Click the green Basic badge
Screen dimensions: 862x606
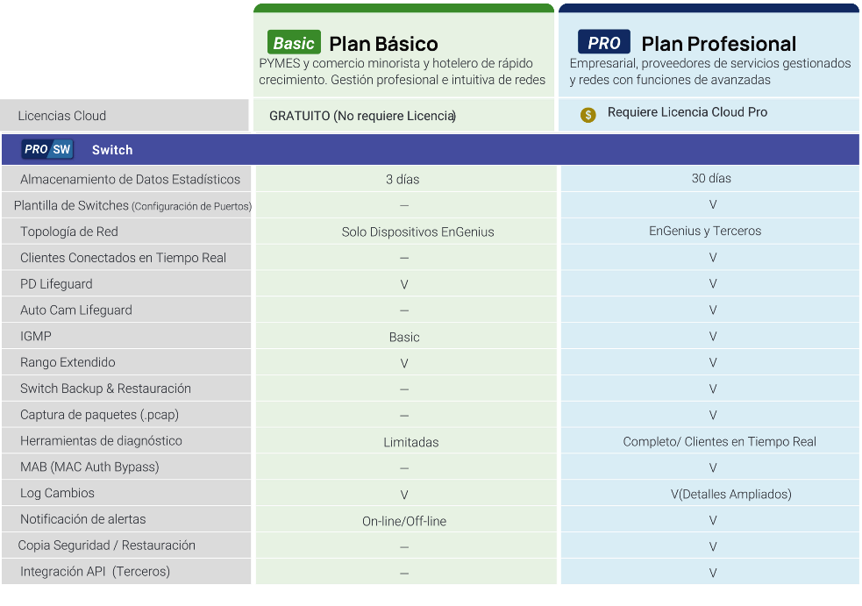click(x=294, y=42)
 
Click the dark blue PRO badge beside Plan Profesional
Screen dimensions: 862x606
click(x=603, y=42)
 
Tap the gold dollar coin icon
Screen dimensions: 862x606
click(x=588, y=115)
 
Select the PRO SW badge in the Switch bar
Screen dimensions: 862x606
click(x=48, y=149)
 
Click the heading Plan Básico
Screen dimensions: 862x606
click(x=384, y=44)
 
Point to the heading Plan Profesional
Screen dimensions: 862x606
click(x=718, y=44)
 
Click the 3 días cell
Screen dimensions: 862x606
click(x=403, y=179)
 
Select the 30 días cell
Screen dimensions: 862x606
click(x=711, y=178)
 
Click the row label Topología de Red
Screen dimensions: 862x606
click(x=69, y=232)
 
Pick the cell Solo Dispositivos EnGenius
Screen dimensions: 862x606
click(x=417, y=232)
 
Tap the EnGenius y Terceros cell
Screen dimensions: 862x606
click(x=705, y=231)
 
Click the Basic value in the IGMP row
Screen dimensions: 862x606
click(x=404, y=337)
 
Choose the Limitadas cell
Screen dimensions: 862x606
click(x=411, y=442)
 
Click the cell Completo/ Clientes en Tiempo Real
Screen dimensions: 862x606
click(x=720, y=442)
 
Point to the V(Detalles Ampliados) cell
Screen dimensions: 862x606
click(x=731, y=494)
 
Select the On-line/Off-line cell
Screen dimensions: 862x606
click(x=404, y=521)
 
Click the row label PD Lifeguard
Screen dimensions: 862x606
click(x=57, y=284)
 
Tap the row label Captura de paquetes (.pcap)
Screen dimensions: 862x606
click(x=99, y=415)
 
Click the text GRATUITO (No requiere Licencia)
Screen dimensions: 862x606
click(x=363, y=116)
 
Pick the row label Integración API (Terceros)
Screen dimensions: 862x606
click(x=95, y=571)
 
